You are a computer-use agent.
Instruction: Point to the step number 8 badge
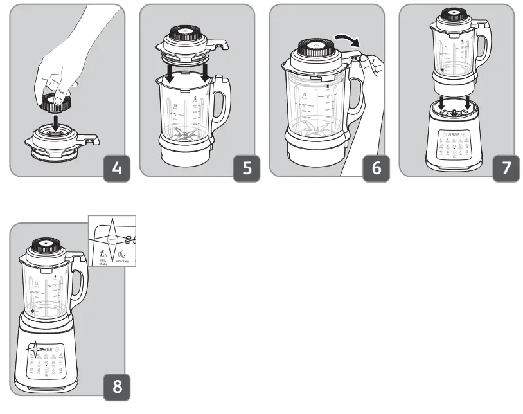click(116, 388)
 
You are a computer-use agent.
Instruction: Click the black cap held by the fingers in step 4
click(54, 102)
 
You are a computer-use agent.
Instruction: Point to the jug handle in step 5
click(222, 103)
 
